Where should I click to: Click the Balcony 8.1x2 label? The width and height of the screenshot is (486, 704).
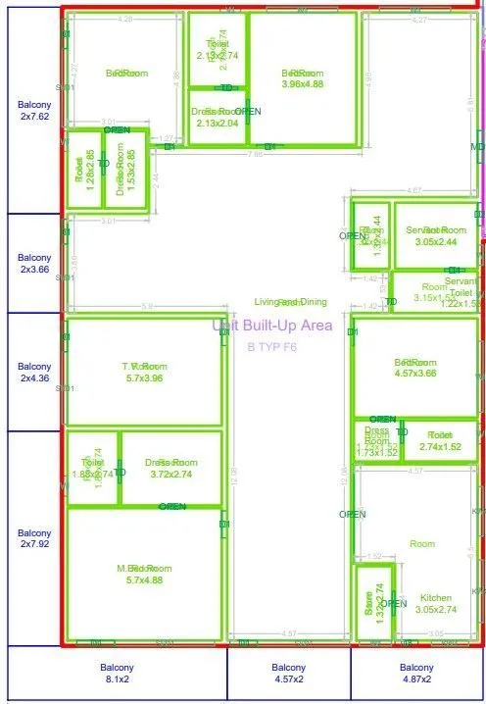117,673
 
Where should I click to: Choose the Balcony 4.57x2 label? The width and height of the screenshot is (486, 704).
289,673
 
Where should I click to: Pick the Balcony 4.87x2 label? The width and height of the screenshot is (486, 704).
417,673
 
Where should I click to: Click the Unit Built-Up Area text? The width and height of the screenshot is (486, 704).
272,326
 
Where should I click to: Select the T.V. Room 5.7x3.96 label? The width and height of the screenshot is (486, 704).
143,372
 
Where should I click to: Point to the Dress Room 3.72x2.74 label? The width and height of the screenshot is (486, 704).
170,468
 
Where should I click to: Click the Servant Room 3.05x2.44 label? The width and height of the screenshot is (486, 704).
436,235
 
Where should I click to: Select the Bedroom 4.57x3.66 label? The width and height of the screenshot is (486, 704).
414,368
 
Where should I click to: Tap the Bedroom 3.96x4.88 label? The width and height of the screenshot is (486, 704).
302,78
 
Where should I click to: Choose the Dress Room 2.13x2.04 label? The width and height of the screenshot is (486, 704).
217,118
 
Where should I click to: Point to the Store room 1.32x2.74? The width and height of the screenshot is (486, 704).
370,598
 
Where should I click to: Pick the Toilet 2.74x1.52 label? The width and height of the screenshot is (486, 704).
440,440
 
